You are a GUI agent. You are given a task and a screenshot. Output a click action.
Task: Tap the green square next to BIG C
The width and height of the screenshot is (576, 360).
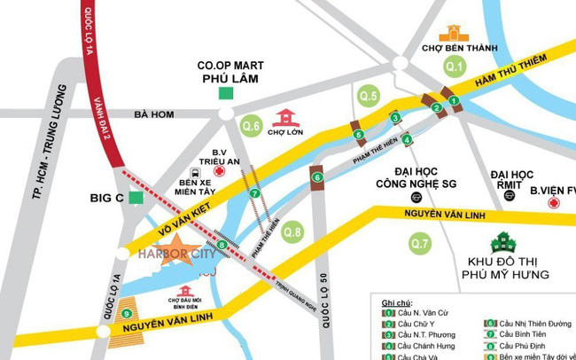coord(135,198)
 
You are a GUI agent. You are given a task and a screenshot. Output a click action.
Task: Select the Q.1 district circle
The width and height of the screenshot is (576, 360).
coord(455,67)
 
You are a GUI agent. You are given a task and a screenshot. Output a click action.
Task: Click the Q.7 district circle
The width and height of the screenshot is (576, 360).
coord(420,242)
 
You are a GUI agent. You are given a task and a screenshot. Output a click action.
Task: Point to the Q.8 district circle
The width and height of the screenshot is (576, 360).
coord(292,233)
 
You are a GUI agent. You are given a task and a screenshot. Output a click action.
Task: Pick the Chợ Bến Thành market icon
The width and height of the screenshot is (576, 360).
coord(455,34)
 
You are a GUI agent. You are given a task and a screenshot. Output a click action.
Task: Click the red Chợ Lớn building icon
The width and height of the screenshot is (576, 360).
coord(285,118)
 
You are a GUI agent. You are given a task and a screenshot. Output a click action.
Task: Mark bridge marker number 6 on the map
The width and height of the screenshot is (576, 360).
coord(317,177)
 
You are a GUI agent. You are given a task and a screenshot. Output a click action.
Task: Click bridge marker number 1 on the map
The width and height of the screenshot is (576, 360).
coord(454,101)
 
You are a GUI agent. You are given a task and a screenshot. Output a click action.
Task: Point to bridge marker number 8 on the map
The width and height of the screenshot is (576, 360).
coord(221,245)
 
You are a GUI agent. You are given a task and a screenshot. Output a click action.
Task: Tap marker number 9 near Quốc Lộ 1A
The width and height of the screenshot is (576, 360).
coord(128,313)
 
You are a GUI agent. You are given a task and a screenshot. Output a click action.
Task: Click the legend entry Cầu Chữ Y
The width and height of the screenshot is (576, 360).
coord(417,325)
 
